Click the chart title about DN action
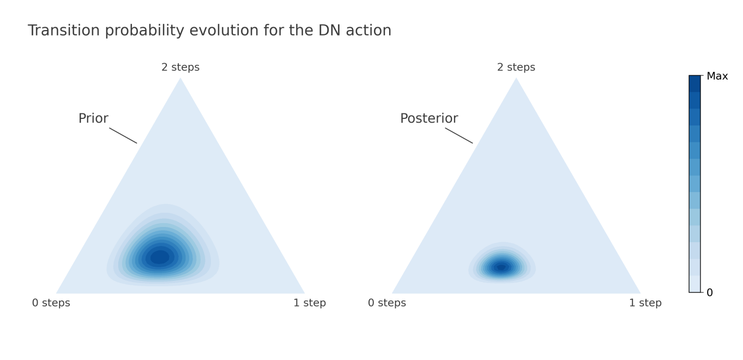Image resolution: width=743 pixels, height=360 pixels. [209, 31]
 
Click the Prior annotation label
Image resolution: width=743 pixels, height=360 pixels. [93, 118]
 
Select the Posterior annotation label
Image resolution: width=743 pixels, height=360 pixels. [429, 118]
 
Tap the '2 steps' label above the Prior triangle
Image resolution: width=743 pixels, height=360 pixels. [180, 67]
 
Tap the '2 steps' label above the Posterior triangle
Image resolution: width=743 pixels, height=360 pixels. [516, 67]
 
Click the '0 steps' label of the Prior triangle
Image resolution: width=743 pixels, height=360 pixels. [51, 303]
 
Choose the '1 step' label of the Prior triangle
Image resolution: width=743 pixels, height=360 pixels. [310, 303]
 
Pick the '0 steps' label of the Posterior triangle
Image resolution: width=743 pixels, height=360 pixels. [386, 303]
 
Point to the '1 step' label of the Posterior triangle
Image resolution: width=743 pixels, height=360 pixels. [645, 303]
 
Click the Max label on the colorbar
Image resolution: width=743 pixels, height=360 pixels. [717, 76]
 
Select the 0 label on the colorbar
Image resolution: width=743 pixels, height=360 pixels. [710, 293]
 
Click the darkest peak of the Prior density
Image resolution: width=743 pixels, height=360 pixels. [160, 257]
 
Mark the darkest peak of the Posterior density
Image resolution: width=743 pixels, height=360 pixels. [502, 267]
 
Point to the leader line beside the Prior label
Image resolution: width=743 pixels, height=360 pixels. [123, 136]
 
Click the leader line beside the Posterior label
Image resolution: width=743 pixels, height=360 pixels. [459, 136]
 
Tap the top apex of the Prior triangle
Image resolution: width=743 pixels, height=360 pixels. [180, 78]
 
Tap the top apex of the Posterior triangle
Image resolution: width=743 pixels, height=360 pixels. [516, 78]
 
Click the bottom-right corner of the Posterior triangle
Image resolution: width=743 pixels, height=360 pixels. [641, 293]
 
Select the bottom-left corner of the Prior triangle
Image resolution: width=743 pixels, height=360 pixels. [56, 293]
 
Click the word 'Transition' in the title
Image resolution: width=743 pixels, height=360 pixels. [64, 31]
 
